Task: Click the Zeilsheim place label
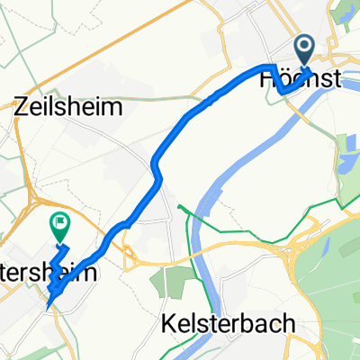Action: (x=55, y=106)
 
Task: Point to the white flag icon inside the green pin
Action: (x=60, y=220)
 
